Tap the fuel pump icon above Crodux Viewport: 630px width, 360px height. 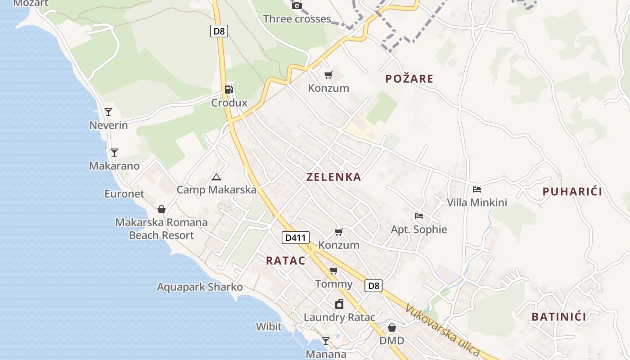tap(229, 89)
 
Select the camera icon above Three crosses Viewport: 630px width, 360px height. tap(297, 6)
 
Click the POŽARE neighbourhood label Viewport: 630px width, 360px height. tap(409, 79)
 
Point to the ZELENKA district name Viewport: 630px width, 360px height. tap(334, 177)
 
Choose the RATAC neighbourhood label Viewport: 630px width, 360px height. tap(286, 261)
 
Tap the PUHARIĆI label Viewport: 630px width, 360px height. tap(572, 192)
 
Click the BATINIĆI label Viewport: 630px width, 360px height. tap(559, 317)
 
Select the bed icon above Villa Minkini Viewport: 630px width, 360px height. tap(477, 189)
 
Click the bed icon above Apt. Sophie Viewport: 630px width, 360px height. tap(419, 216)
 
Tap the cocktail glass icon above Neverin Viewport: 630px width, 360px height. tap(108, 112)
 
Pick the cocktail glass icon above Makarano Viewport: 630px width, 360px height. tap(114, 152)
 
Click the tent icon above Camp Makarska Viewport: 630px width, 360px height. tap(216, 177)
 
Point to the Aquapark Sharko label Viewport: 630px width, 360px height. tap(200, 287)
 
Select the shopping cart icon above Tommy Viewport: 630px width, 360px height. tap(334, 270)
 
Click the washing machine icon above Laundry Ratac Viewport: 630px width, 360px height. tap(339, 304)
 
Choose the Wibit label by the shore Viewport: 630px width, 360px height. tap(269, 326)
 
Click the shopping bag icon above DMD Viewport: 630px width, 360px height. tap(392, 328)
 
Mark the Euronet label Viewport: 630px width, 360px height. tap(124, 194)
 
